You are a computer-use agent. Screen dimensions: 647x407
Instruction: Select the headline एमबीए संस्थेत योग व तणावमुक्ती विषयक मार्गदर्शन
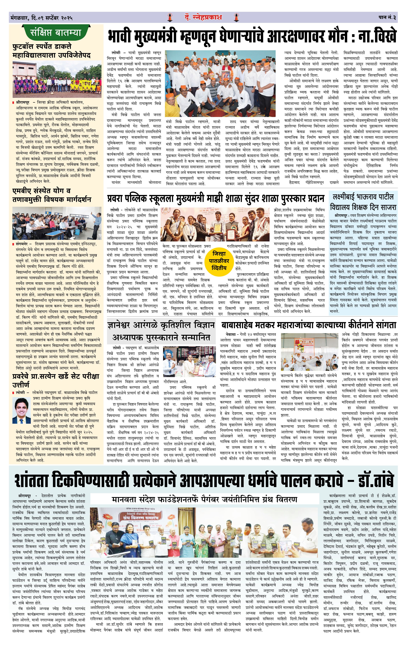pos(52,195)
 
